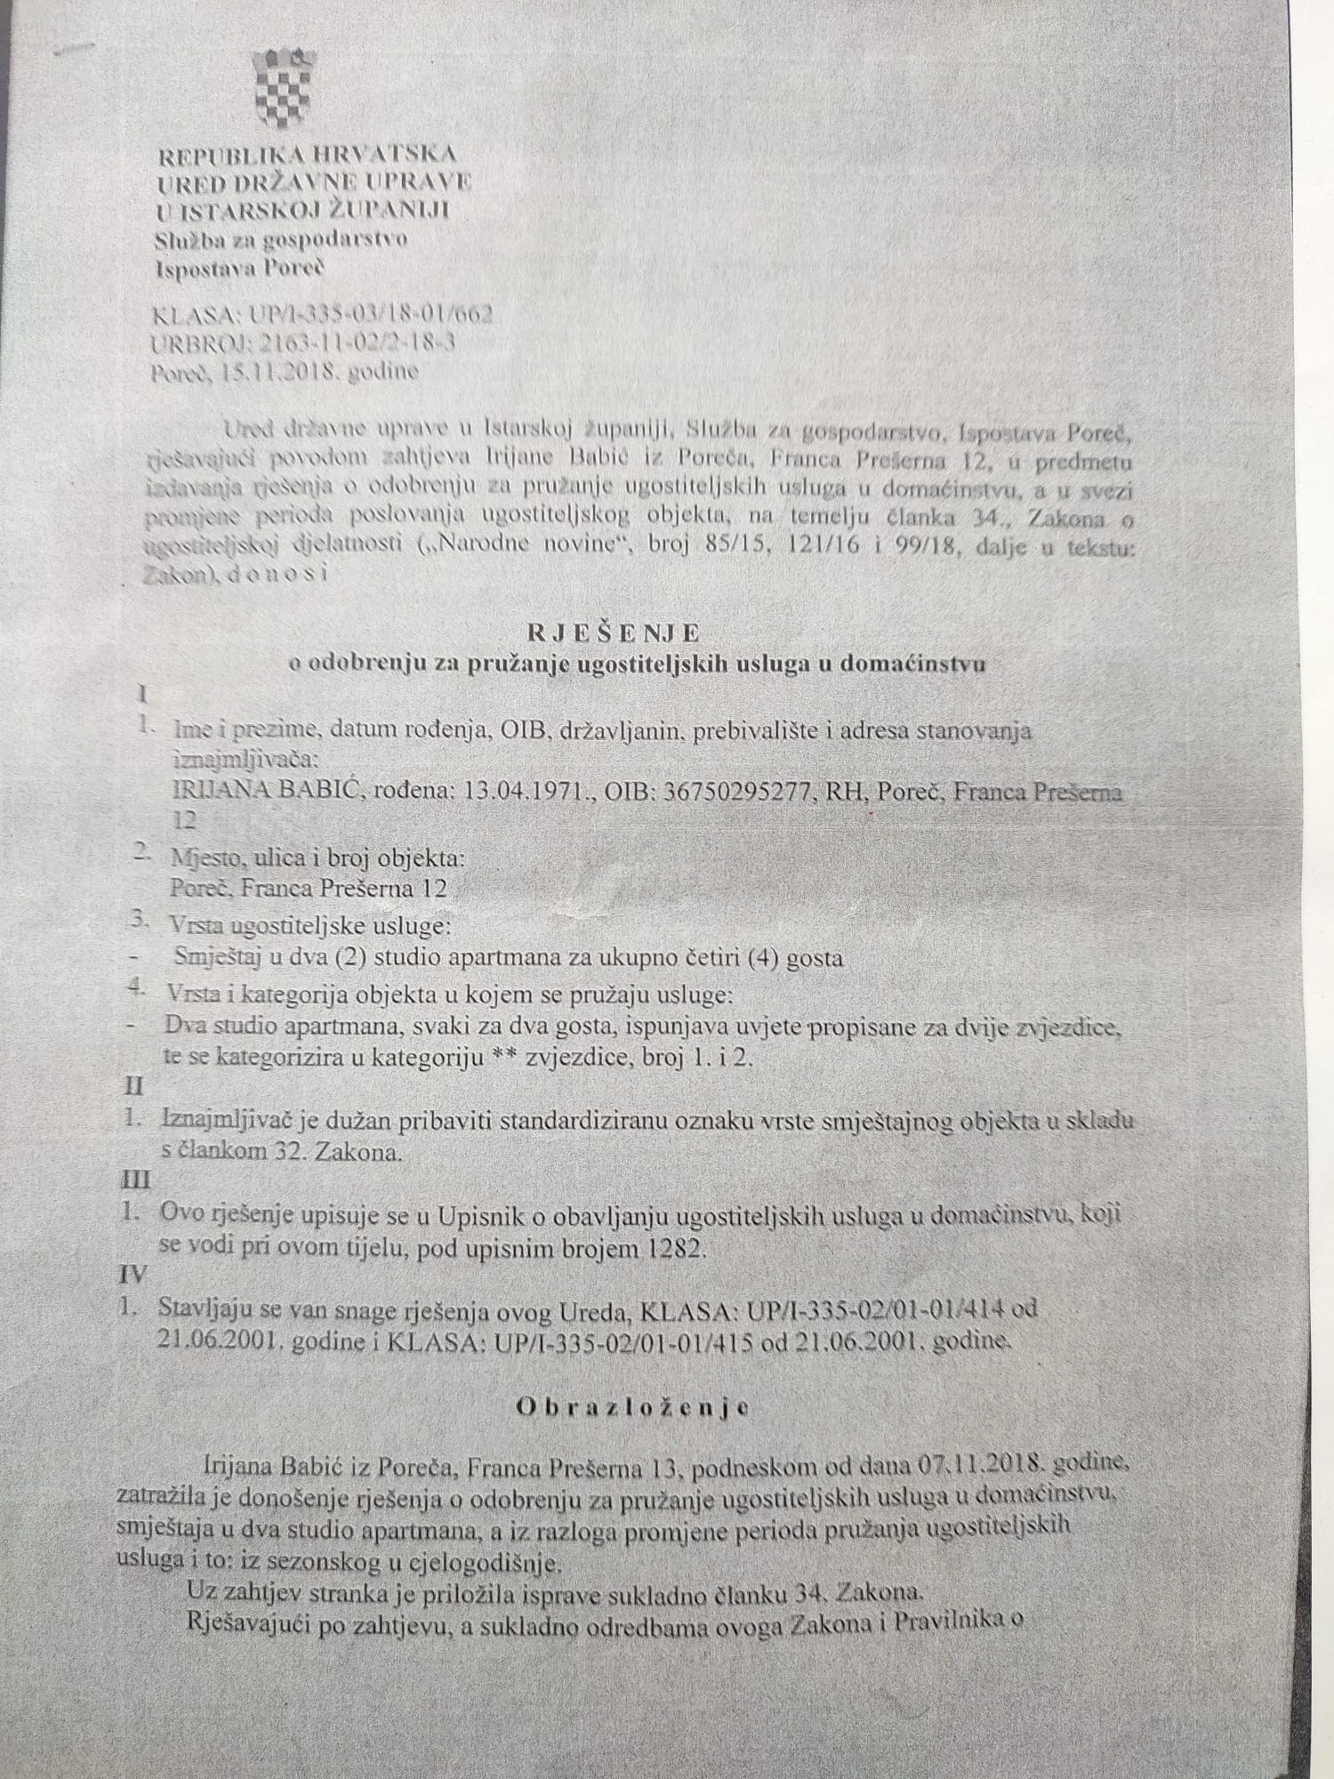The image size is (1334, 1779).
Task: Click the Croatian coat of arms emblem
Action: click(282, 86)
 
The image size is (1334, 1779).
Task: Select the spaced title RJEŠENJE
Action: click(614, 632)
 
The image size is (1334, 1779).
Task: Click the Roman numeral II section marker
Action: click(133, 1086)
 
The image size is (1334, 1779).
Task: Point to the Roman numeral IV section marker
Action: click(133, 1275)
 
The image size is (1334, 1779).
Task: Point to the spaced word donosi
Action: click(278, 576)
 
